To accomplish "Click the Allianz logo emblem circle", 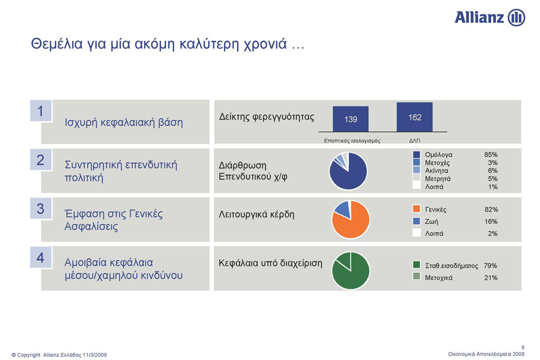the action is click(517, 17).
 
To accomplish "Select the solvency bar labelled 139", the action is click(350, 119).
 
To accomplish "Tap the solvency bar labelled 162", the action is click(415, 117).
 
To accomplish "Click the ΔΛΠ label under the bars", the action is click(414, 140).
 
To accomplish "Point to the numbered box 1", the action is click(41, 111).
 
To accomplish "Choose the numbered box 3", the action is click(41, 208).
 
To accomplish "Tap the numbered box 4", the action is click(41, 257).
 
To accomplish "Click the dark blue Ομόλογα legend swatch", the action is click(416, 154).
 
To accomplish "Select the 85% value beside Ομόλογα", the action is click(491, 154).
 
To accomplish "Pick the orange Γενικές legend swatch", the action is click(416, 208).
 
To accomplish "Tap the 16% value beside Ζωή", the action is click(491, 221).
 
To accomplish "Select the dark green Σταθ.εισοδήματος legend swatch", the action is click(416, 264).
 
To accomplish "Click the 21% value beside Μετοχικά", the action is click(491, 277).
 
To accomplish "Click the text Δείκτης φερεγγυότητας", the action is click(267, 117).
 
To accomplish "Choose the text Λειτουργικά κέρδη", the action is click(256, 214).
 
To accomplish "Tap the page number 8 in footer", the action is click(523, 347).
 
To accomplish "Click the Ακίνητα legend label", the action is click(436, 171).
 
